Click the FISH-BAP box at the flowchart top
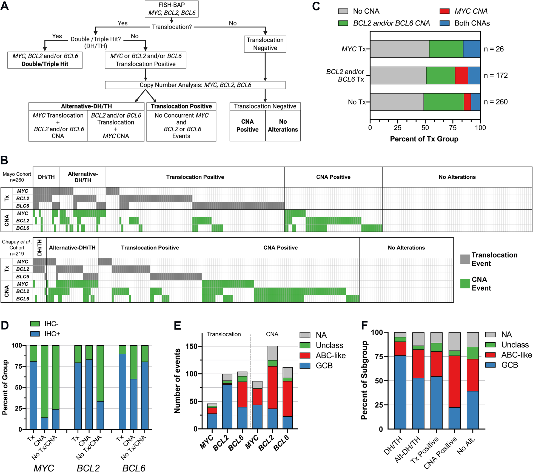(172, 9)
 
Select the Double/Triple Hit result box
(45, 60)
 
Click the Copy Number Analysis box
(195, 85)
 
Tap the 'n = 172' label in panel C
(496, 75)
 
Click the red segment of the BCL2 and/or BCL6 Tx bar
(461, 75)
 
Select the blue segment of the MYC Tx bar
(472, 49)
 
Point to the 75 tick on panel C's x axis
(453, 127)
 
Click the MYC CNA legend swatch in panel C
(444, 11)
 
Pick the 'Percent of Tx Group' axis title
(424, 139)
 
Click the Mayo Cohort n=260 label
(17, 177)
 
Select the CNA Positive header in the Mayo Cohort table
(333, 177)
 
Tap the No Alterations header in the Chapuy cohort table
(406, 248)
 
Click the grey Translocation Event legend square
(465, 259)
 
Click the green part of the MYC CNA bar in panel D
(45, 381)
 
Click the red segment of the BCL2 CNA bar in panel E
(272, 387)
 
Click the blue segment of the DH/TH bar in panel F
(400, 392)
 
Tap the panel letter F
(364, 325)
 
